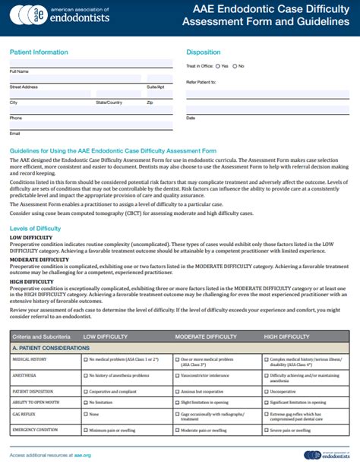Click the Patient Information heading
pyautogui.click(x=39, y=52)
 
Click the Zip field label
pyautogui.click(x=150, y=102)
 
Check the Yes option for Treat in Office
pyautogui.click(x=217, y=66)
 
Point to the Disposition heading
pyautogui.click(x=204, y=52)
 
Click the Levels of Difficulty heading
pyautogui.click(x=36, y=228)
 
